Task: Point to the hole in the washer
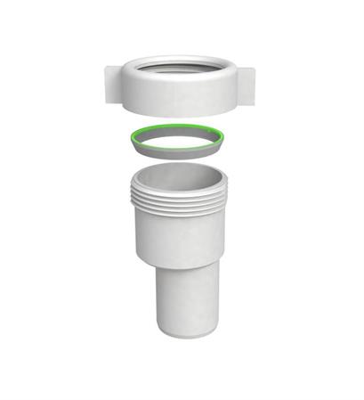174,139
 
